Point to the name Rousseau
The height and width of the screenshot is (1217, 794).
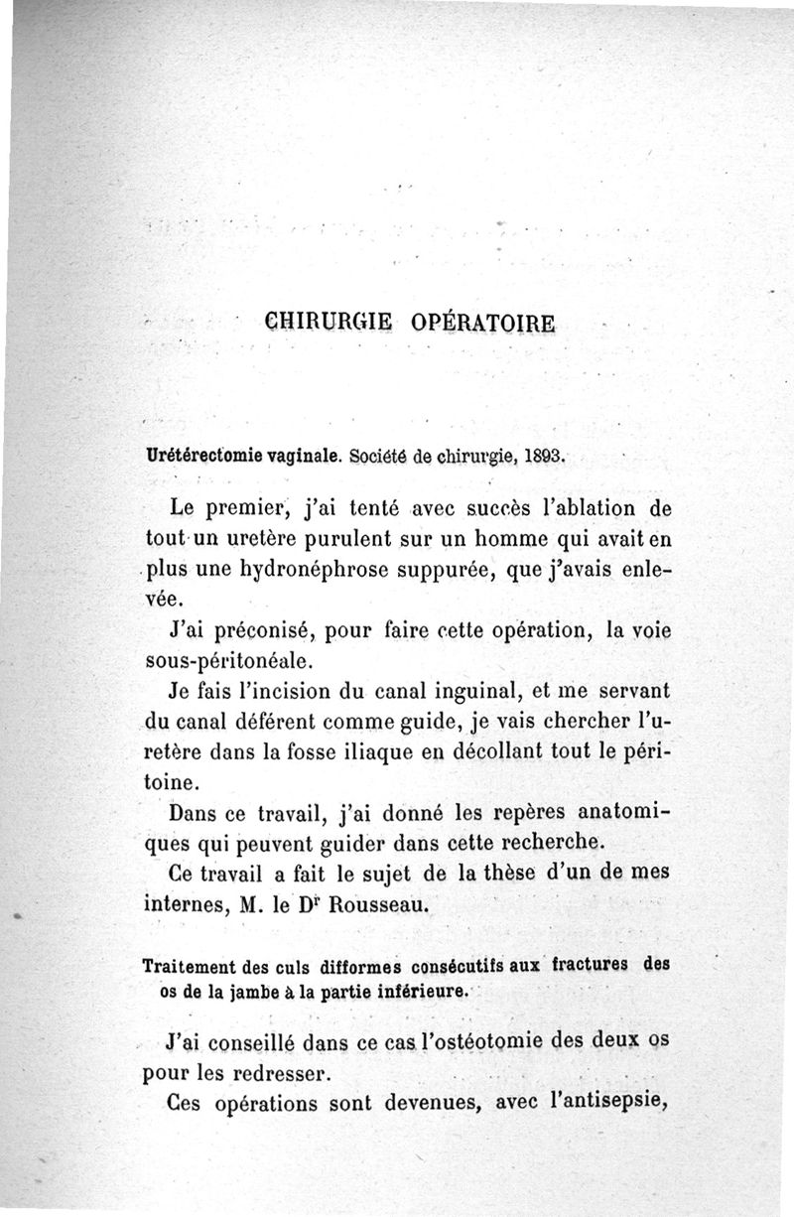tap(357, 908)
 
